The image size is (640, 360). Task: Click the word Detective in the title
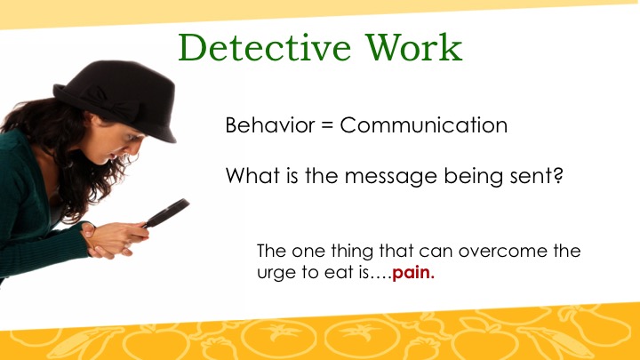point(265,47)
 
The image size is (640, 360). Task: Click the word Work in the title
point(414,47)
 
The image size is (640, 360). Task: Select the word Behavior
point(270,124)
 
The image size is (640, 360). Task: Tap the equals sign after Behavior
point(327,125)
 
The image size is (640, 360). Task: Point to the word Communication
point(424,124)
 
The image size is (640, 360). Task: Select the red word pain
point(413,273)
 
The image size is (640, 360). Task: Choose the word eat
point(340,272)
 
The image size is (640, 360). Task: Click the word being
point(474,177)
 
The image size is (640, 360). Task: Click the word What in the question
point(252,175)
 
